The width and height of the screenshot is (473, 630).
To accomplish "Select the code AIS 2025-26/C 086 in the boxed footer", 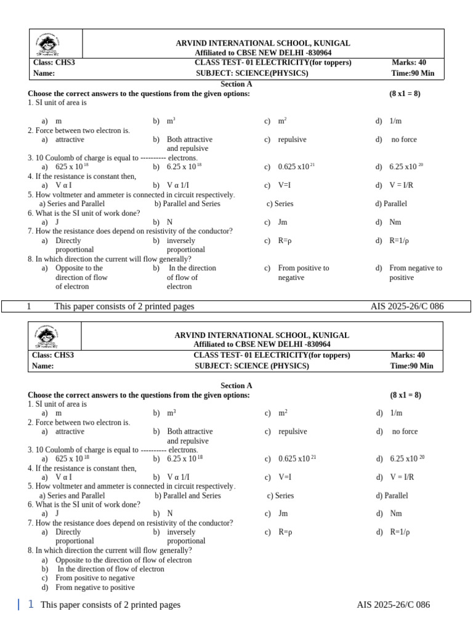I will (x=406, y=306).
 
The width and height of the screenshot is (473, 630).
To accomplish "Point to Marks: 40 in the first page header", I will (x=408, y=62).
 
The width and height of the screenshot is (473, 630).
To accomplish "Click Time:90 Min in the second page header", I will (x=412, y=365).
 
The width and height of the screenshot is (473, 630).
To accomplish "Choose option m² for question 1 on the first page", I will (x=282, y=121).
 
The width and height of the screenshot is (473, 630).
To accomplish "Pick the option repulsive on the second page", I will (x=293, y=431).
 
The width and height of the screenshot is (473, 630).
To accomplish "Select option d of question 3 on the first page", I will (x=407, y=167).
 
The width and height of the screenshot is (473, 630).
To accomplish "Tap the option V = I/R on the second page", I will (x=402, y=477).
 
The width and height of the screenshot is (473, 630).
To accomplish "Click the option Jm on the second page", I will (x=283, y=513).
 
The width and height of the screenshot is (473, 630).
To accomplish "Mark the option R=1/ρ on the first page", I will (x=400, y=241).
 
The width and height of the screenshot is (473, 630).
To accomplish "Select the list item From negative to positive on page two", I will (x=95, y=588).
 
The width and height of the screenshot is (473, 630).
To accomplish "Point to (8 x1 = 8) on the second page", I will (x=405, y=395).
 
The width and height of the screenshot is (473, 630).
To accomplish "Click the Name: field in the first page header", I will (x=44, y=73).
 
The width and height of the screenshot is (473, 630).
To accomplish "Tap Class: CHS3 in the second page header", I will (x=53, y=355).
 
